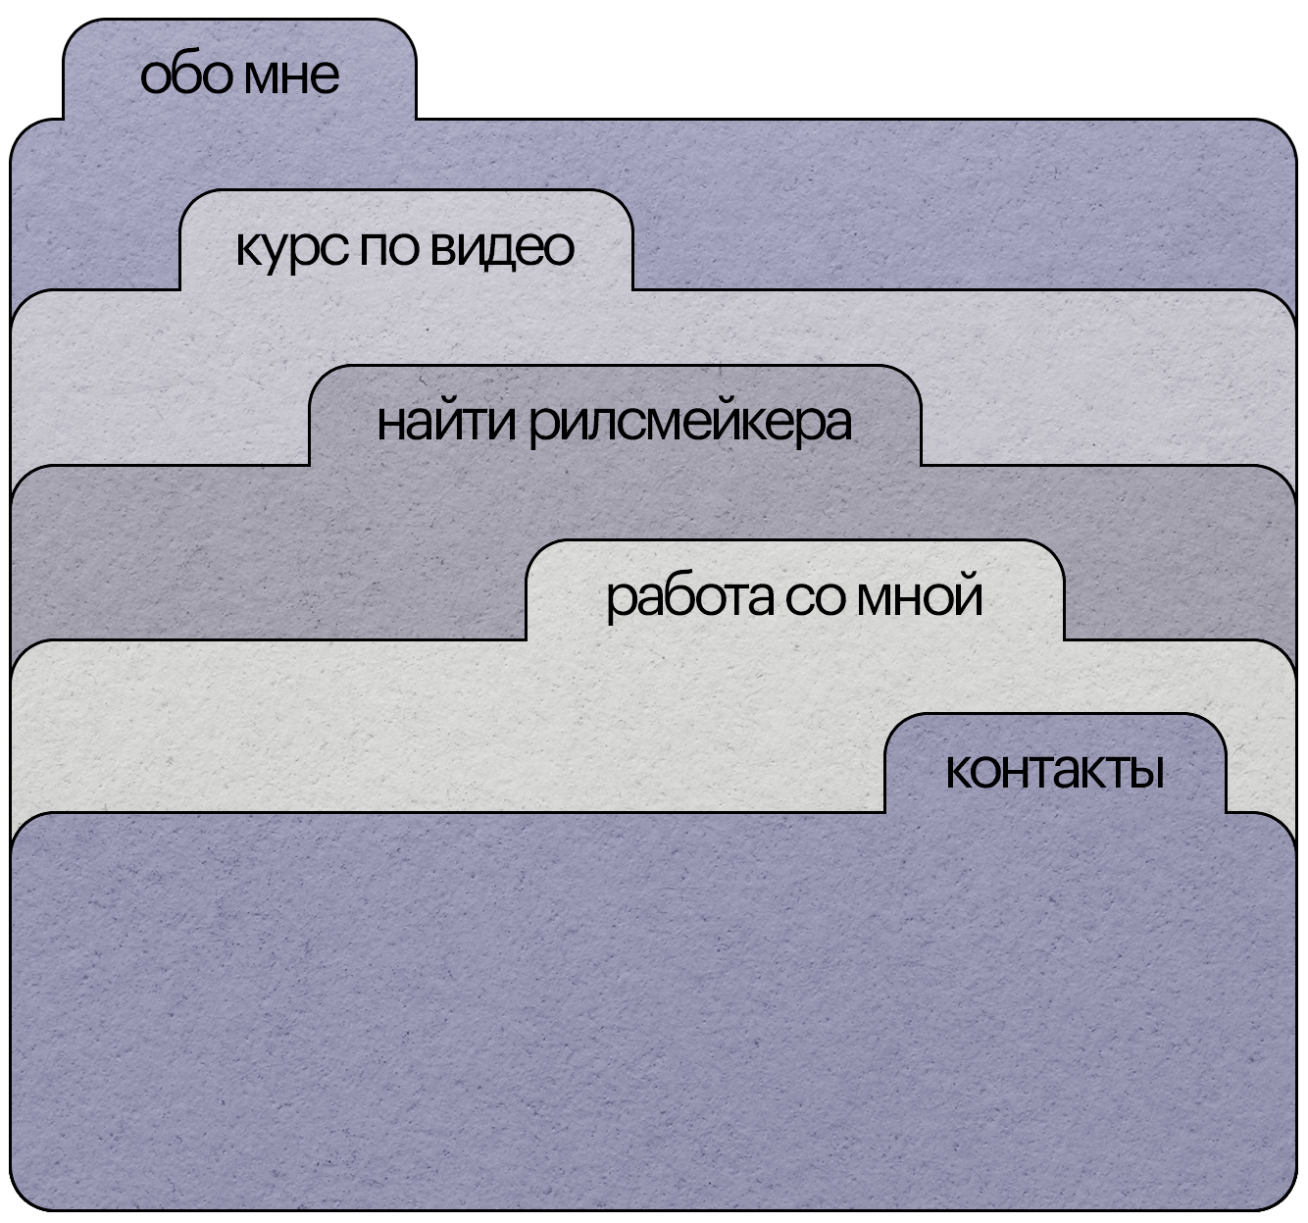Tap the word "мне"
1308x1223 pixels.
pos(291,76)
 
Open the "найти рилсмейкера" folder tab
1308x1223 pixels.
pos(615,422)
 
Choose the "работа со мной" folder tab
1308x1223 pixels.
pos(794,595)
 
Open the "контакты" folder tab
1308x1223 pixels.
pos(1055,770)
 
